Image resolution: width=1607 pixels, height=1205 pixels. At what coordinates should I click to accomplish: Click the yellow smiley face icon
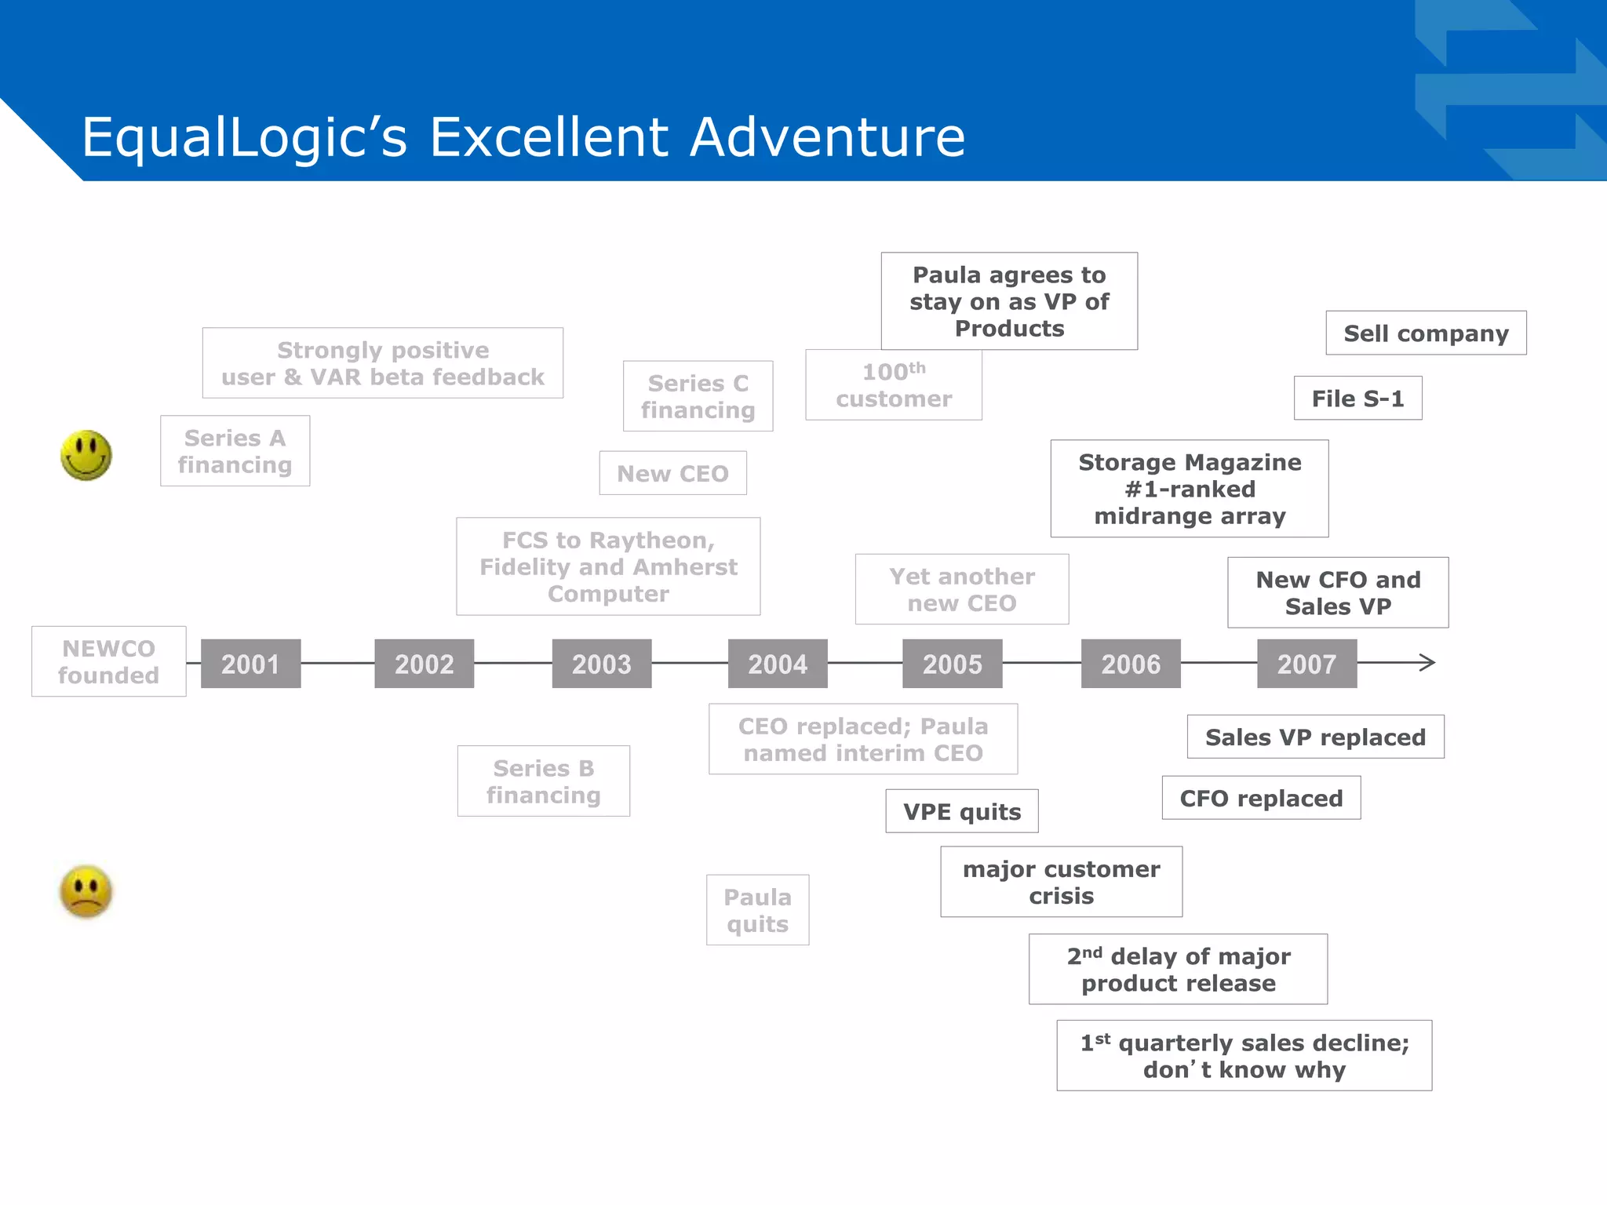click(86, 455)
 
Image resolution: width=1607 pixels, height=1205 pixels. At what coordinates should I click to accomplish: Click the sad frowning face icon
click(86, 891)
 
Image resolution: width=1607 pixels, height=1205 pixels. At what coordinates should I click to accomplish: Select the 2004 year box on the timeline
click(777, 664)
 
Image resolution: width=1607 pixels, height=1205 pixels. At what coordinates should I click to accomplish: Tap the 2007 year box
click(1306, 664)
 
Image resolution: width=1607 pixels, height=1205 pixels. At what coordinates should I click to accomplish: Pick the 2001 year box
click(250, 664)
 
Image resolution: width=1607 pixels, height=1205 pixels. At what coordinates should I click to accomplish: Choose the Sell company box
click(1426, 333)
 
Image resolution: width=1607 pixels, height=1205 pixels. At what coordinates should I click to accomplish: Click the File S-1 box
click(1357, 399)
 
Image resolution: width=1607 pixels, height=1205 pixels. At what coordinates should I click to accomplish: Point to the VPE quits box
click(962, 811)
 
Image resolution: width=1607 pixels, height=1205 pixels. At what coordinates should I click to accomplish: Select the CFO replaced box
click(1261, 798)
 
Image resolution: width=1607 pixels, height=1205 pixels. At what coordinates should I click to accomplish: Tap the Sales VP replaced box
click(1315, 737)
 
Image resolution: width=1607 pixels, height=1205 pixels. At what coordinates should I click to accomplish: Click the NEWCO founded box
click(108, 661)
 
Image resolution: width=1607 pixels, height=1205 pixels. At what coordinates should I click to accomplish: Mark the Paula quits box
click(757, 910)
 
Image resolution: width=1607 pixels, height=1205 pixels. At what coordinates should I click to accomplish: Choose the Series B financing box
click(543, 781)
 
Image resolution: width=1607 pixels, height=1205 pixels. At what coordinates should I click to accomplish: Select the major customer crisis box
click(1061, 882)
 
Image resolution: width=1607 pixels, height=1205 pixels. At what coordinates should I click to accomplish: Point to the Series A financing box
click(235, 451)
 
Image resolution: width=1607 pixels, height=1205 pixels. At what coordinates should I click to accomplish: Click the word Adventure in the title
click(828, 137)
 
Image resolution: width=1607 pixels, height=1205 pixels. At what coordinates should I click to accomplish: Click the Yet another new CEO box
click(961, 589)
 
